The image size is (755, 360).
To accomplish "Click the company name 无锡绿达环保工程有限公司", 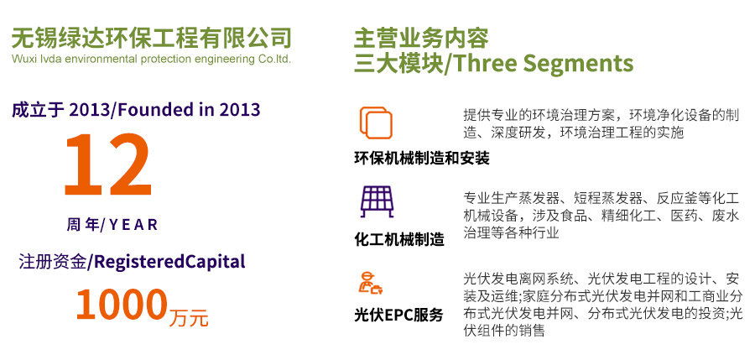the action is coord(151,38).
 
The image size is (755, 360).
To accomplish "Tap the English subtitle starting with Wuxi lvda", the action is coord(151,60).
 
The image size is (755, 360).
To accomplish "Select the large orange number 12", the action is coord(108,164).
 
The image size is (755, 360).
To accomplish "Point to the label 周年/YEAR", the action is coord(112,225).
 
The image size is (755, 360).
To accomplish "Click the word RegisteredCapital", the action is coord(169,262).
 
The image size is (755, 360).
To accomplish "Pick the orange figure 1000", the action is coord(122,305).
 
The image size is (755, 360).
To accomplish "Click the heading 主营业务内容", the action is coord(421,39).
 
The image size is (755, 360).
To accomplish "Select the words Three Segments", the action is coord(541,64).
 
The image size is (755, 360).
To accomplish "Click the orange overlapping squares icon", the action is coord(376,123).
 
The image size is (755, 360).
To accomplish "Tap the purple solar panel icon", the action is coord(377,201).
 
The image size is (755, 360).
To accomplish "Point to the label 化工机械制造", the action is coord(399,239).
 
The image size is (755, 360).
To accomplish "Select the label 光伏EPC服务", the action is coord(398,316).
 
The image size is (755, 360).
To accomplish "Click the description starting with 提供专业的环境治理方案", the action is coord(601,124).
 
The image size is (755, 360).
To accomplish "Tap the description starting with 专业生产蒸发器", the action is coord(601,216).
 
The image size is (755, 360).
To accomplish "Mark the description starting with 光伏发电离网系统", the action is coord(603,305).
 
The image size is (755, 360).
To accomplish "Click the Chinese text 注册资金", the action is coord(53,262).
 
